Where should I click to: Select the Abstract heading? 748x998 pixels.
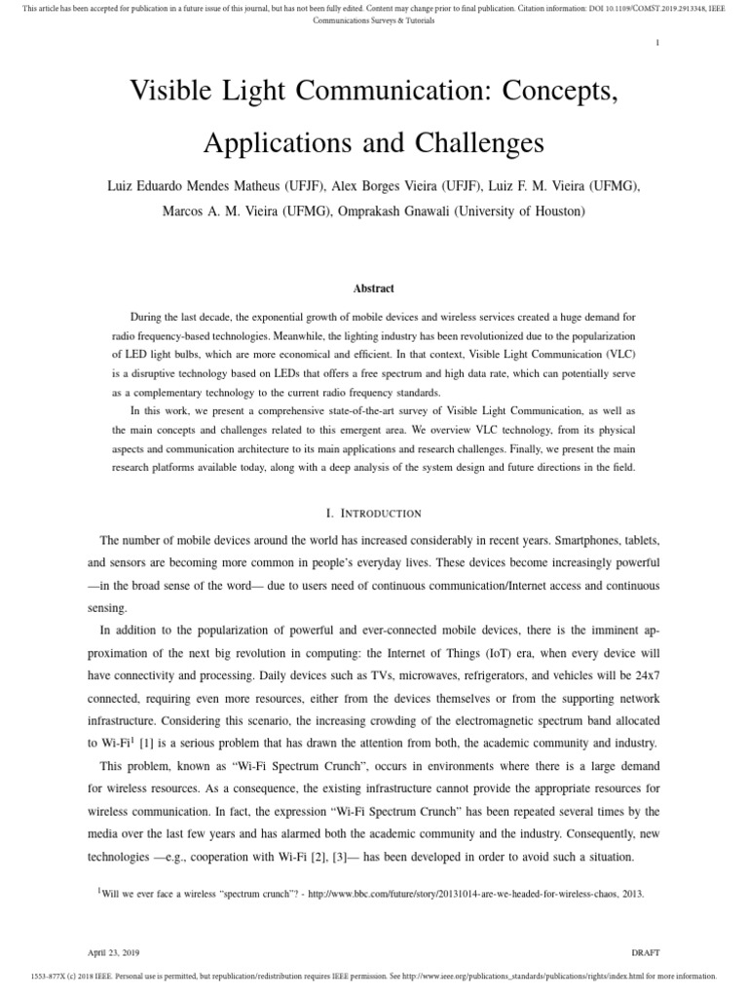click(x=373, y=288)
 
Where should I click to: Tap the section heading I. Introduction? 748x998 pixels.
click(x=373, y=513)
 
